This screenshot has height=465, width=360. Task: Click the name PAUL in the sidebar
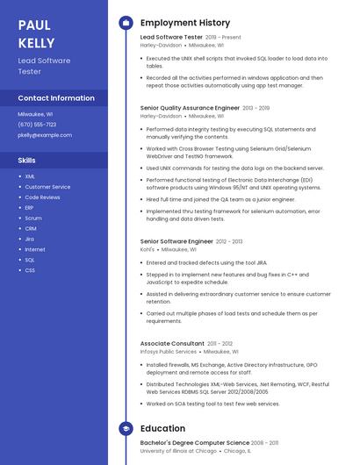[x=34, y=25]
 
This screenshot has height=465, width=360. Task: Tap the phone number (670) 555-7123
[x=37, y=125]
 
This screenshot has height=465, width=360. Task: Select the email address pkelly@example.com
[x=45, y=135]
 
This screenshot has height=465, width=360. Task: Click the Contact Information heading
[x=56, y=98]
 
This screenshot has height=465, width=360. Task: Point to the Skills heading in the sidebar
[x=27, y=161]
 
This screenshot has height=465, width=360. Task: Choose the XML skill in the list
[x=30, y=176]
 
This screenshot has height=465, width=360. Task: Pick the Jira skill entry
[x=30, y=239]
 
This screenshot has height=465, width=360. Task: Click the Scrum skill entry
[x=33, y=218]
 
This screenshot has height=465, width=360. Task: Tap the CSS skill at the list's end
[x=30, y=270]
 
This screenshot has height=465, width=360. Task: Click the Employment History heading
[x=184, y=23]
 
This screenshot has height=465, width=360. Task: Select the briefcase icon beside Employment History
[x=126, y=23]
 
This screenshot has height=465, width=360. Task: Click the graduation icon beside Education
[x=126, y=428]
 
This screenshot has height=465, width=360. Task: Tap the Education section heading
[x=162, y=428]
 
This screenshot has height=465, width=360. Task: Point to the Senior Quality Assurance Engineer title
[x=190, y=108]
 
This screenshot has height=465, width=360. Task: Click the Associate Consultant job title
[x=173, y=343]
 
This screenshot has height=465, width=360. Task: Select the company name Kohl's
[x=147, y=249]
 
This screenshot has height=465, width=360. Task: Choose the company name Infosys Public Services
[x=169, y=352]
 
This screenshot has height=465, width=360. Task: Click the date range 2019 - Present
[x=223, y=39]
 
